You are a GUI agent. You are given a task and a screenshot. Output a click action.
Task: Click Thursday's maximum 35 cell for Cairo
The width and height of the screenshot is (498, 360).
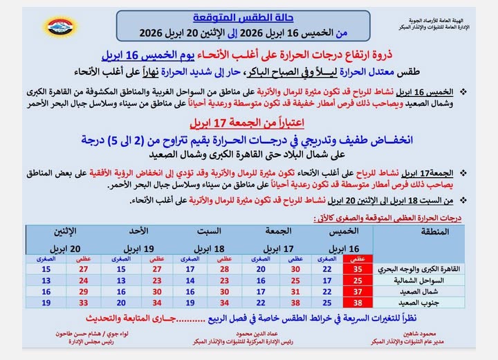pos(358,269)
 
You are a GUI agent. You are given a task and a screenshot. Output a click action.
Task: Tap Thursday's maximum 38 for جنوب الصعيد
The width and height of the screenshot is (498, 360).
pos(358,303)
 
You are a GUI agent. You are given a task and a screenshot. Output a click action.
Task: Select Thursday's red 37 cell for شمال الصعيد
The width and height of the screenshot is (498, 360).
pos(358,291)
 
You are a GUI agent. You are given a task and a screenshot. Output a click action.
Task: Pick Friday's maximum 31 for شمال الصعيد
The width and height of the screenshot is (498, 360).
pos(295,291)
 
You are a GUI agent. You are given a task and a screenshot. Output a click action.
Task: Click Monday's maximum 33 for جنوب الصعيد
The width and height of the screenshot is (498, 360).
pos(84,303)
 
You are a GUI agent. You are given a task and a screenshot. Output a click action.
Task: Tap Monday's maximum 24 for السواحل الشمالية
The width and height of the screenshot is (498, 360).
pos(84,280)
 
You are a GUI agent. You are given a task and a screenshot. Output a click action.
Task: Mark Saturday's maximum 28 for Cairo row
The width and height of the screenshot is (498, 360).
pos(224,269)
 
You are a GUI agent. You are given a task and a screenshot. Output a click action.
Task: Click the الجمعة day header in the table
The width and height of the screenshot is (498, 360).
pos(278,231)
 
